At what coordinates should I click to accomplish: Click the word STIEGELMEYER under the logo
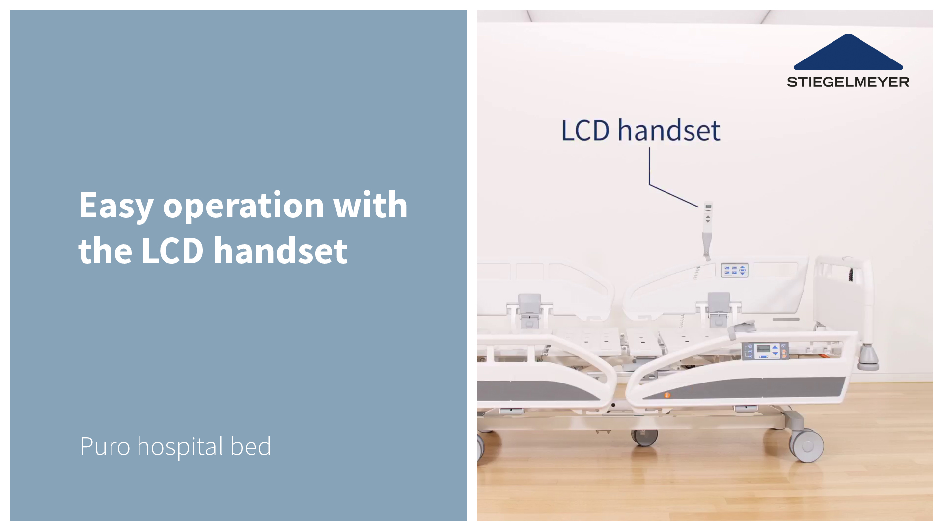point(848,82)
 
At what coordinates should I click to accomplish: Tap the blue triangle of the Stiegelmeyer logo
point(848,52)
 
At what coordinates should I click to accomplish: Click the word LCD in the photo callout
point(585,131)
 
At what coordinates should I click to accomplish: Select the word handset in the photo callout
point(669,130)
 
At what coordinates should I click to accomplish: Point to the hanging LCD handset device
point(707,230)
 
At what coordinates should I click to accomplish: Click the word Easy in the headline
point(116,206)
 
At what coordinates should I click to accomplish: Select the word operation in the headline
point(244,206)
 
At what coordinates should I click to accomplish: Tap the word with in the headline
point(371,204)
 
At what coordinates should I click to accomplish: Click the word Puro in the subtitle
point(105,446)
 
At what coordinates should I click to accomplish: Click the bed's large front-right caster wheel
point(806,445)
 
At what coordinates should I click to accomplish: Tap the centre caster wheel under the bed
point(644,437)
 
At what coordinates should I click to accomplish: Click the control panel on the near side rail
point(765,351)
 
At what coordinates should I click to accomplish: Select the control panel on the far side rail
point(734,270)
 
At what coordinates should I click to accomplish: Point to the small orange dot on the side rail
point(667,395)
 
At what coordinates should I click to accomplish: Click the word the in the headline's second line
point(105,251)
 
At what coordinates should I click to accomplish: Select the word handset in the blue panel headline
point(280,250)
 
